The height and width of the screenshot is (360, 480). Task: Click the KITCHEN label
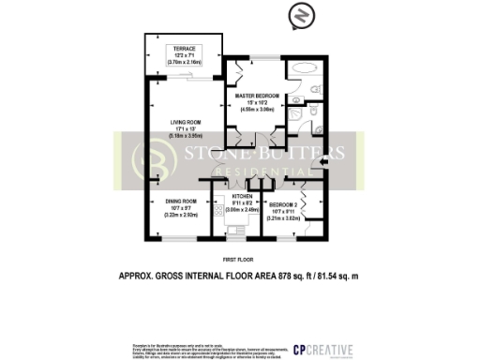tap(244, 196)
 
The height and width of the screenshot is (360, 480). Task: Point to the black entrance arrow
tap(323, 165)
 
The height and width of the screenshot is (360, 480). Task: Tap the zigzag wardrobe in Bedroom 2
tap(315, 211)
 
